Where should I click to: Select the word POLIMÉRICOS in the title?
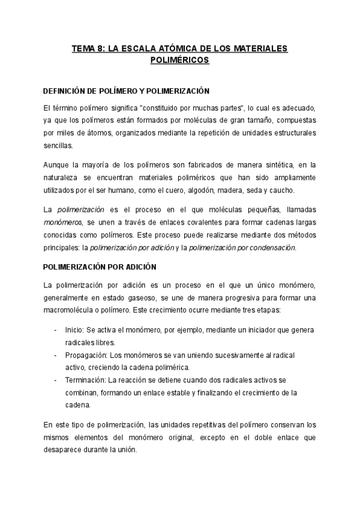179,60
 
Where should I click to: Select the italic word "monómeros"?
61,221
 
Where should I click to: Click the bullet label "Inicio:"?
76,330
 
